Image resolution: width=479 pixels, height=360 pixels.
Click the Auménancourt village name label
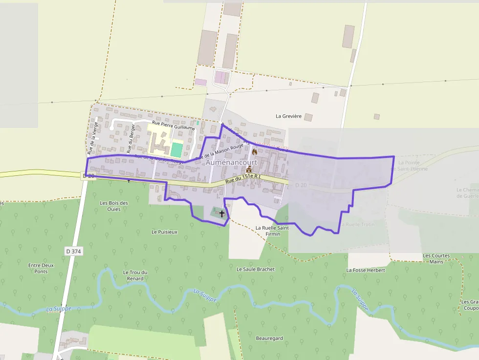232,162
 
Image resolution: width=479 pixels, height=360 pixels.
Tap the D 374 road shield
73,251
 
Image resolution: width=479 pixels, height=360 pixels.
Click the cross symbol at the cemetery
222,213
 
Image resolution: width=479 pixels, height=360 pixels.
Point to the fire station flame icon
255,152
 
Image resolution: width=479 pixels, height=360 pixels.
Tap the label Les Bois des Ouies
114,206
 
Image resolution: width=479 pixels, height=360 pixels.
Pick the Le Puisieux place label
164,232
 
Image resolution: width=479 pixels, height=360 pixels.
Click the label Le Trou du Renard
133,275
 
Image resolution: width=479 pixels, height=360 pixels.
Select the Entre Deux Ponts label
41,268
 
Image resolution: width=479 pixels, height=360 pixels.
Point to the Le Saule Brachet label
256,269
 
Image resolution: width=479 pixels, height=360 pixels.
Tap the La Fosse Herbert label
366,270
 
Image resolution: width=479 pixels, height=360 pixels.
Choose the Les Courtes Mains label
436,258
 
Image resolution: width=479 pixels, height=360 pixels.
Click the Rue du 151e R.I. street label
243,179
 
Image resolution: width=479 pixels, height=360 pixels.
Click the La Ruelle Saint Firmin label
273,231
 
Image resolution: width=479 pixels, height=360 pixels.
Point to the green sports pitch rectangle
176,149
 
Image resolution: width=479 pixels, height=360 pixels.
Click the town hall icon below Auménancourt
248,169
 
